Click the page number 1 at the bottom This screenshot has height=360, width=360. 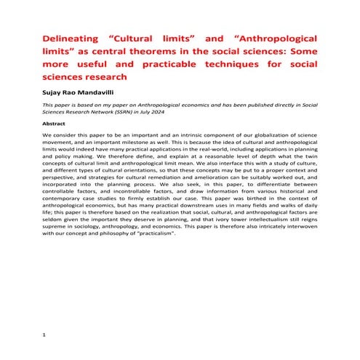(44, 334)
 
